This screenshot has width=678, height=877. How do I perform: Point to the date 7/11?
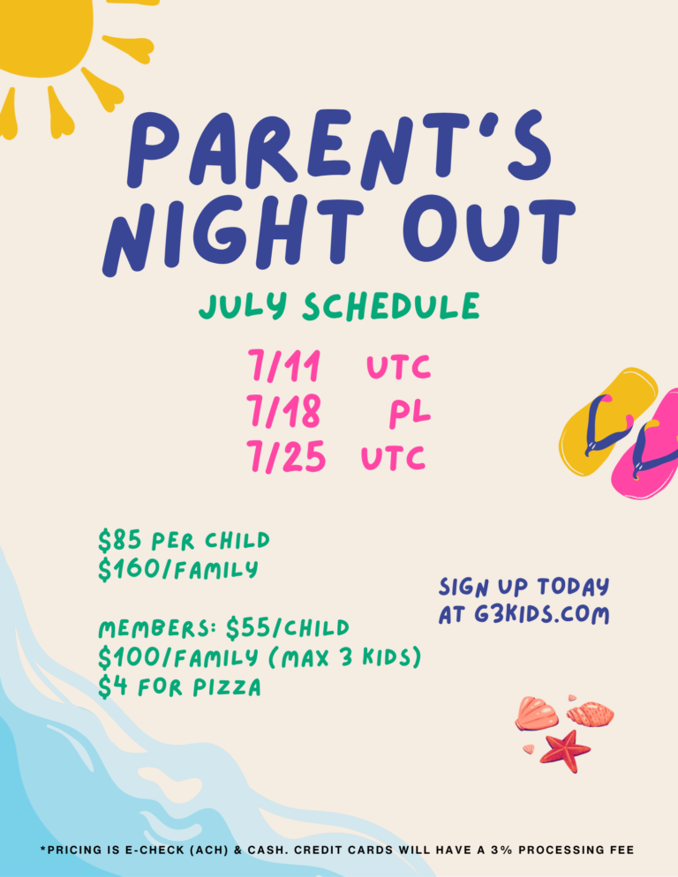(x=284, y=366)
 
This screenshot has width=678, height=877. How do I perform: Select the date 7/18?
(x=284, y=412)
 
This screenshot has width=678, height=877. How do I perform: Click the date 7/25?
(x=286, y=456)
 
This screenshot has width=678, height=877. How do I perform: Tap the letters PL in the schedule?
(x=410, y=415)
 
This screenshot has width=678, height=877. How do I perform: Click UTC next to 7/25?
(x=393, y=458)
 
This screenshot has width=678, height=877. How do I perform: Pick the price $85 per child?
(x=184, y=540)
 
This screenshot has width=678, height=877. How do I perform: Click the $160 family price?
(x=178, y=569)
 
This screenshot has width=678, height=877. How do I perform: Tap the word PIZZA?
(x=227, y=687)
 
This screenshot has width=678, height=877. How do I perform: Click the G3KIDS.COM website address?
(x=541, y=614)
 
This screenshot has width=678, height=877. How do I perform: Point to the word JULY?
(x=243, y=306)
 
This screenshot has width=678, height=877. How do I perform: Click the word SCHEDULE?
(x=391, y=306)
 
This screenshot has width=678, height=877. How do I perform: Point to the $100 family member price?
(x=178, y=657)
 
